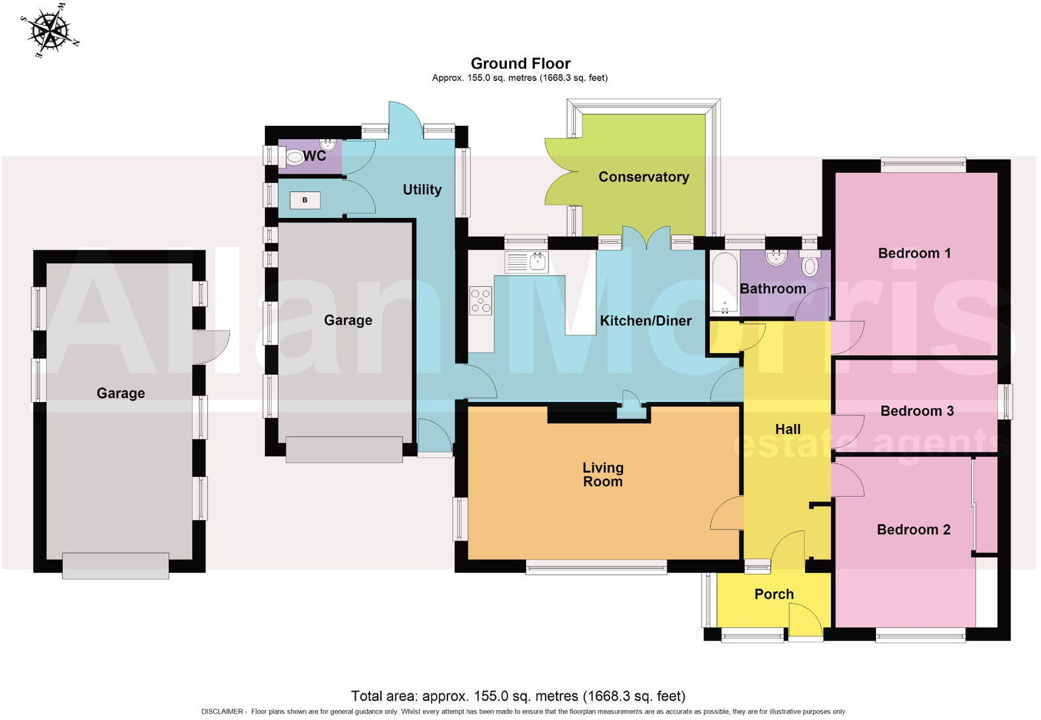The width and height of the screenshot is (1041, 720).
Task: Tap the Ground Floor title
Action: click(520, 64)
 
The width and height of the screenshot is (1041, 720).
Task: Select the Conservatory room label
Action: click(643, 177)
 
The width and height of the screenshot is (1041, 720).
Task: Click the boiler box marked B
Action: click(305, 200)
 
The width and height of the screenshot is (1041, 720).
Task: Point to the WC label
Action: click(315, 156)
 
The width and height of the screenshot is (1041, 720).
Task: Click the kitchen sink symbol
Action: click(526, 262)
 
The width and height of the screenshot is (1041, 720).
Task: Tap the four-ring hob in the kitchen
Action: click(481, 300)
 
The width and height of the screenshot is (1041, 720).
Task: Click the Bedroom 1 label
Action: click(914, 253)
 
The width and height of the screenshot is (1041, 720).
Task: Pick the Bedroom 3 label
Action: click(916, 411)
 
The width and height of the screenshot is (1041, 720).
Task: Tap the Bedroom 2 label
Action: click(913, 529)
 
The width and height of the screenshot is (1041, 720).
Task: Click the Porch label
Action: click(773, 594)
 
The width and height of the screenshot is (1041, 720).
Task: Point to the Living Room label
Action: click(602, 474)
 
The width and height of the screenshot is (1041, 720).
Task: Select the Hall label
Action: click(787, 429)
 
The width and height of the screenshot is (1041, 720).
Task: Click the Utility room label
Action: click(422, 189)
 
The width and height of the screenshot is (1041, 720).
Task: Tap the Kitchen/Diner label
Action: click(645, 321)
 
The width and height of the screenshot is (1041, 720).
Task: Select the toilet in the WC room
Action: click(296, 158)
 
